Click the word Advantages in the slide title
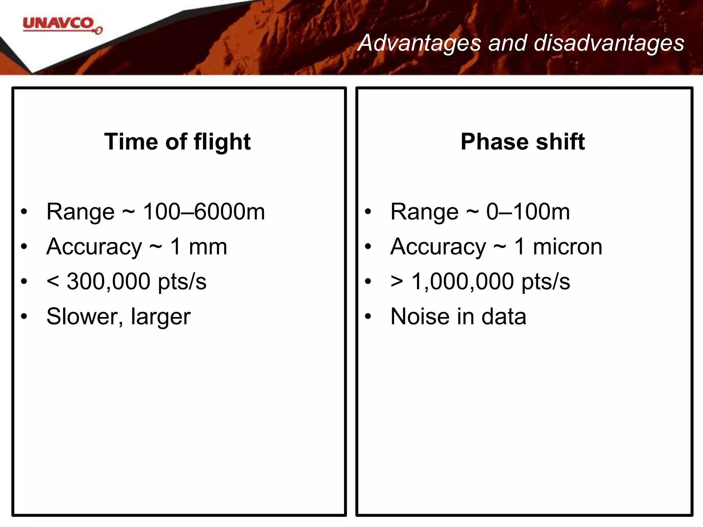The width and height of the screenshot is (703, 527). coord(419,44)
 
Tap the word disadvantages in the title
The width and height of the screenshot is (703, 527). coord(609,43)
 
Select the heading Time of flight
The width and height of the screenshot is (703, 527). coord(177,142)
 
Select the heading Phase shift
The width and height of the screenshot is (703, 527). coord(522,142)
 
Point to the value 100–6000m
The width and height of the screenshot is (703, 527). coord(204,212)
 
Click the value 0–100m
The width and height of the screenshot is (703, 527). coord(528,212)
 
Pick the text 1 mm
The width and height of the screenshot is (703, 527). coord(199,247)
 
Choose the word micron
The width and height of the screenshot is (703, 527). coord(567,247)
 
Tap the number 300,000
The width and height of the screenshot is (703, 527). coord(108,282)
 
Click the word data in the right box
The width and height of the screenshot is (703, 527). coord(504,316)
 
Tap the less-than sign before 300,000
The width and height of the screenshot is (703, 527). coord(53,282)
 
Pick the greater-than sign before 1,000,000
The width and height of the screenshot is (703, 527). coord(397,282)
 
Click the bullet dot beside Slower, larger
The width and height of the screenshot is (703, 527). coord(24,317)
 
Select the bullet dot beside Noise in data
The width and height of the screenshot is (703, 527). coord(368,317)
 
